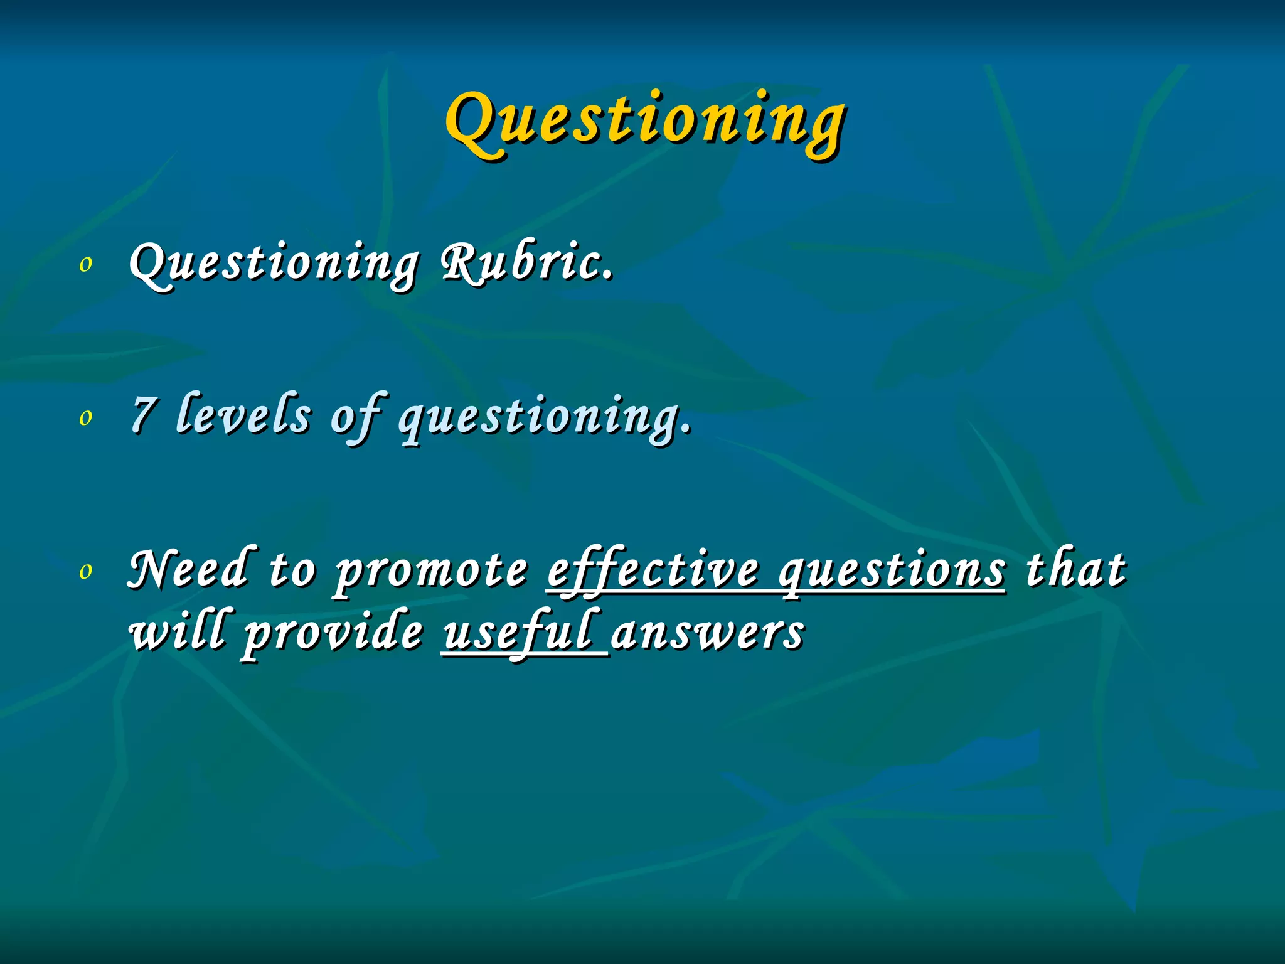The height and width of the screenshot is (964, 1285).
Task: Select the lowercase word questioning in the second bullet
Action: click(545, 418)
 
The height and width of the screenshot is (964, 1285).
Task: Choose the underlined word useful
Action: click(518, 633)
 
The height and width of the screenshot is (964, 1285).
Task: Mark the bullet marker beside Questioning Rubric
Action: click(86, 265)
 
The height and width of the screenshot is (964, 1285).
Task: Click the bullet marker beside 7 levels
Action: click(86, 418)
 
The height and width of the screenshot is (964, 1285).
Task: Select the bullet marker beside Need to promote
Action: click(86, 572)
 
